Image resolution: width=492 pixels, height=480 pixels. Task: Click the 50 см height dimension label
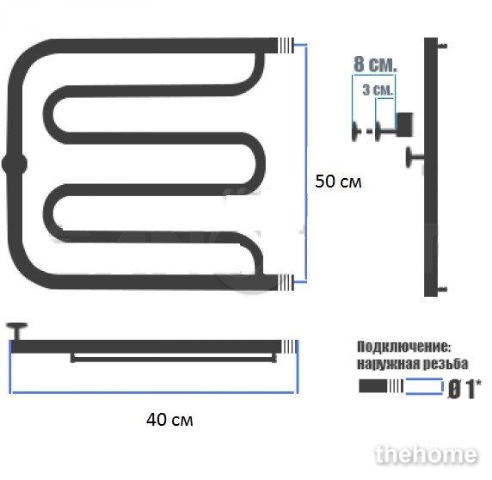tap(338, 182)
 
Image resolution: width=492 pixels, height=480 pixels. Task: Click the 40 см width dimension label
tap(169, 420)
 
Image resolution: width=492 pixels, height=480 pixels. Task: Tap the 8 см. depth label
tap(375, 65)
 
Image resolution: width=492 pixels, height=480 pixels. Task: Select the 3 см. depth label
tap(378, 90)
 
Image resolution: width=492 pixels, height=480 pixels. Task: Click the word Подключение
tap(403, 347)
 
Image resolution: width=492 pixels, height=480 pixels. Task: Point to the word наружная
tap(388, 364)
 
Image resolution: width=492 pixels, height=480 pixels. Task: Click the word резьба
tap(446, 364)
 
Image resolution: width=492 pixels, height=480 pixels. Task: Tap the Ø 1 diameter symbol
tap(464, 389)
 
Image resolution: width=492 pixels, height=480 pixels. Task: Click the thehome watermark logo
tap(426, 454)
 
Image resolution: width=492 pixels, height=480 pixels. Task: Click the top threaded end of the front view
tap(286, 46)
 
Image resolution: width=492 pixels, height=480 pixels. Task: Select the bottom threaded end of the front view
tap(286, 282)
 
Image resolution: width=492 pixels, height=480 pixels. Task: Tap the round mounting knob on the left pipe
tap(15, 163)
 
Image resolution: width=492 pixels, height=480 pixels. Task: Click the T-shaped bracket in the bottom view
tap(17, 331)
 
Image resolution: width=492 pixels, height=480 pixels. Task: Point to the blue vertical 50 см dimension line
tap(305, 163)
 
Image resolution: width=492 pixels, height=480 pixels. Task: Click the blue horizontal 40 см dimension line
tap(153, 392)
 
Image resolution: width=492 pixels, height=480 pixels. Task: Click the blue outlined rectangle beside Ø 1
tap(424, 386)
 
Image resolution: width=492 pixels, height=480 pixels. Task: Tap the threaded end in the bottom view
tap(289, 347)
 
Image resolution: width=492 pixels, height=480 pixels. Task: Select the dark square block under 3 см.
tap(404, 124)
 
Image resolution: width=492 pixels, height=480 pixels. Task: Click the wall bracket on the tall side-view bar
tap(415, 157)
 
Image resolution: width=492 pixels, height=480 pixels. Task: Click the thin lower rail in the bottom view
tap(174, 358)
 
